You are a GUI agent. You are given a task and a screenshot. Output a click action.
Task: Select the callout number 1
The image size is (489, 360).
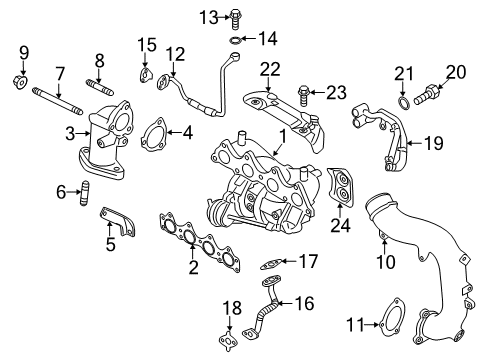tap(283, 134)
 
